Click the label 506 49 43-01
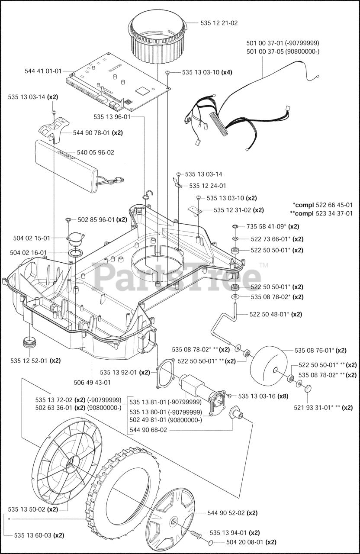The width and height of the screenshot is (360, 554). pos(92,382)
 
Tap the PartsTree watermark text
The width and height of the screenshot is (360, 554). pos(177,277)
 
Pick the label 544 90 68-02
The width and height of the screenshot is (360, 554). pos(148,430)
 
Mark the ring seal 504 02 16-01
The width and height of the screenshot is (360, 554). pos(76,253)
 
